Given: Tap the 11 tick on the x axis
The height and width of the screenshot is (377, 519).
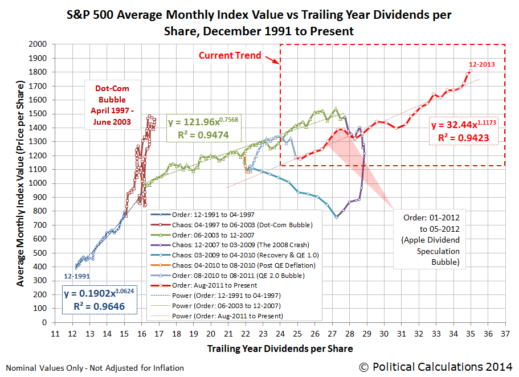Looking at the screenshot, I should (55, 333).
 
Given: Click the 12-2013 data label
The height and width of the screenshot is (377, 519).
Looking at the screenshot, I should (482, 64).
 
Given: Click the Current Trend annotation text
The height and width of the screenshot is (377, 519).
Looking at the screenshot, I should (230, 55).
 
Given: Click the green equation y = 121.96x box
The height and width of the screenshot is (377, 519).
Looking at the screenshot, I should (204, 128).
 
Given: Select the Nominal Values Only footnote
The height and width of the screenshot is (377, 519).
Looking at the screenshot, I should (94, 368).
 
